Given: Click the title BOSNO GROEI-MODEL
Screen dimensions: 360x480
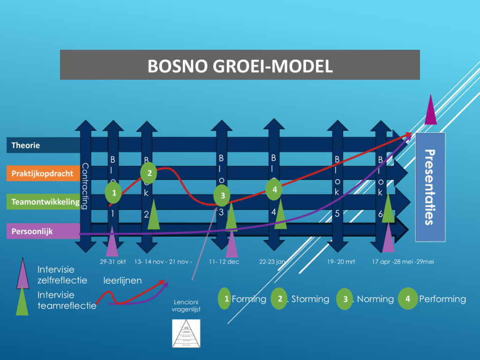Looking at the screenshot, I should (x=240, y=66).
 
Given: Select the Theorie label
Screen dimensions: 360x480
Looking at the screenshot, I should (x=26, y=145).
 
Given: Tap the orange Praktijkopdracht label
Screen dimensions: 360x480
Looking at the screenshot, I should (x=42, y=173).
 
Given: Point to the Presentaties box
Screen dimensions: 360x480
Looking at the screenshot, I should (x=430, y=187).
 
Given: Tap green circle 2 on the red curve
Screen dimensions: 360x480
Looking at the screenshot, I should (x=150, y=173).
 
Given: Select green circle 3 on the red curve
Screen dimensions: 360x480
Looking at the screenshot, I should (x=223, y=195).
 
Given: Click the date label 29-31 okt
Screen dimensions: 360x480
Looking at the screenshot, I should (x=113, y=262).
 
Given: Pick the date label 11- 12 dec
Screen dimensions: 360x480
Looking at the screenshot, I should (x=224, y=262).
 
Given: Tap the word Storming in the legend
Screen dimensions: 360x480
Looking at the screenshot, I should (x=310, y=299).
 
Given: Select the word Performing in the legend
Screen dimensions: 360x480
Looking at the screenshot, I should (x=442, y=299).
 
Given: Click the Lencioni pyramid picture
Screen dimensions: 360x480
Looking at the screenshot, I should (x=186, y=333).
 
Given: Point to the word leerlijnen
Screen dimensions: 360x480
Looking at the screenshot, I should (x=122, y=281).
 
